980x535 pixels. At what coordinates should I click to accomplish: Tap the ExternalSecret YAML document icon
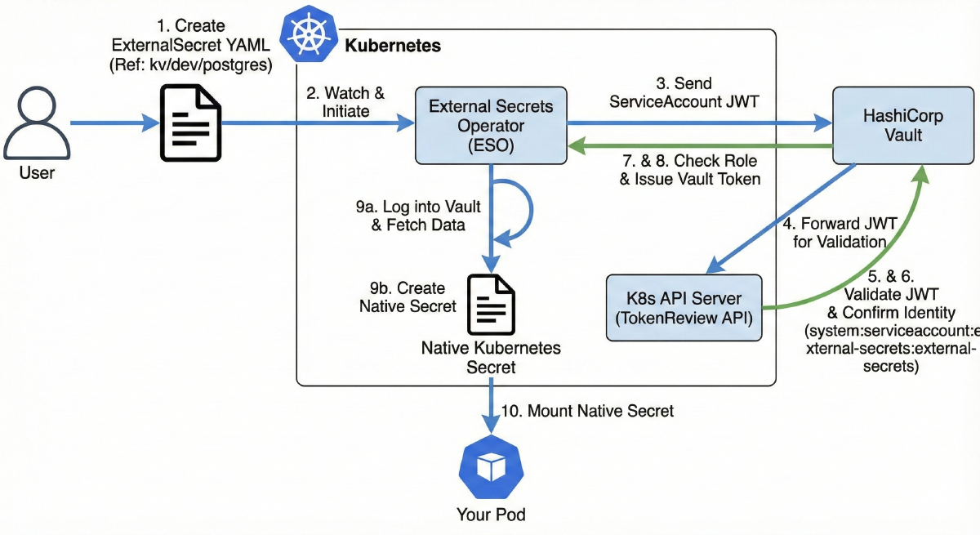(x=190, y=123)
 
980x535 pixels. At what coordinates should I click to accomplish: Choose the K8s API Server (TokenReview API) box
(x=684, y=308)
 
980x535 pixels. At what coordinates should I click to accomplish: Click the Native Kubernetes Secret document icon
(x=491, y=305)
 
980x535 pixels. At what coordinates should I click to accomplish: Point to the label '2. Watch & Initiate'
(x=345, y=101)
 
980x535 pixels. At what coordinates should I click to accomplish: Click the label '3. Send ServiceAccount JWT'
(x=673, y=93)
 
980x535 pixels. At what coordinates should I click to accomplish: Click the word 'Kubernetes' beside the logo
(x=393, y=46)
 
